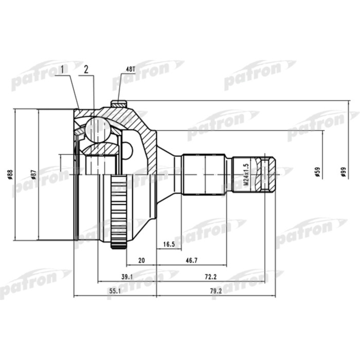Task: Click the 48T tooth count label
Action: [131, 69]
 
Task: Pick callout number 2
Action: [86, 69]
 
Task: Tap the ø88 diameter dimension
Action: [10, 174]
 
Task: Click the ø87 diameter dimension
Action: [33, 174]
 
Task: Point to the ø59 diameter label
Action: [317, 172]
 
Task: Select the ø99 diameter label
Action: [343, 172]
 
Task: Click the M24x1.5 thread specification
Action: [246, 175]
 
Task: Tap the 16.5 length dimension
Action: [169, 244]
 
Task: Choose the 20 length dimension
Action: [141, 260]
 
